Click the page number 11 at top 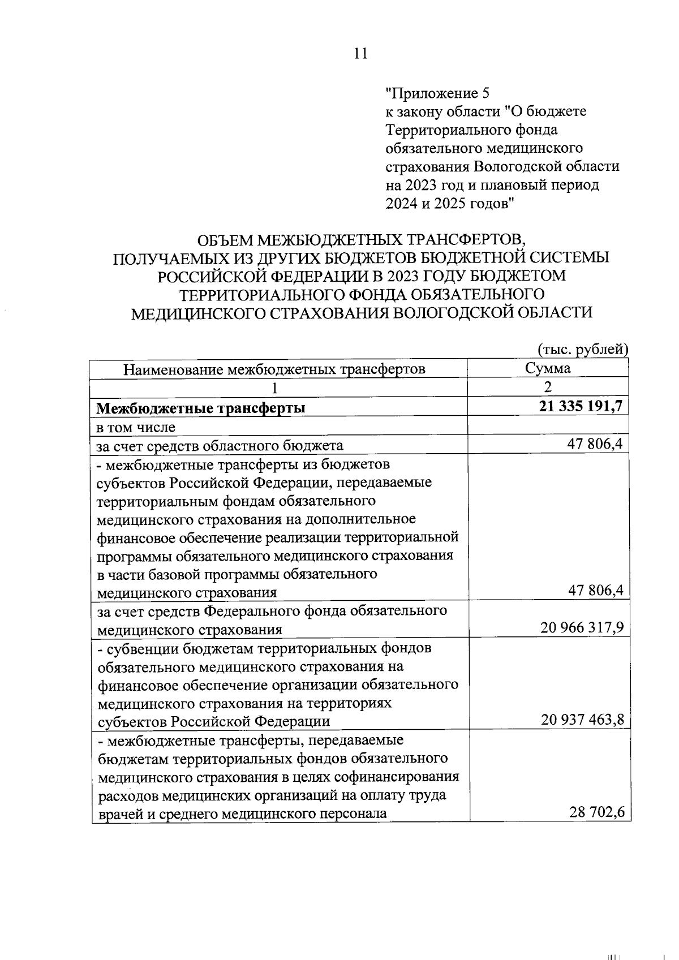(x=360, y=54)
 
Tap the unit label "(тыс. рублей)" (x=582, y=350)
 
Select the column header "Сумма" (x=547, y=369)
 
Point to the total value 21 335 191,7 (x=581, y=406)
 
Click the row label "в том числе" (x=136, y=427)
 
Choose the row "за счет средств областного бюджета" (x=220, y=445)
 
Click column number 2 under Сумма (x=547, y=388)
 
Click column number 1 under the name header (x=275, y=388)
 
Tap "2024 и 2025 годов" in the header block (x=450, y=203)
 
